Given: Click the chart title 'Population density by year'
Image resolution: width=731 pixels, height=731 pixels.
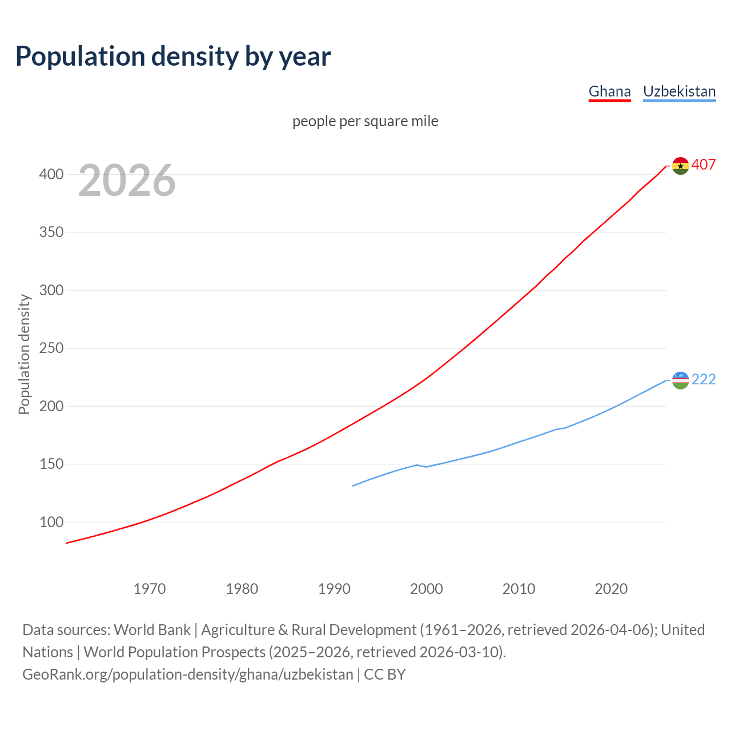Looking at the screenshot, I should coord(173,56).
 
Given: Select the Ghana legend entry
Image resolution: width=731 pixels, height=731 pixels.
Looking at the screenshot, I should coord(609,91).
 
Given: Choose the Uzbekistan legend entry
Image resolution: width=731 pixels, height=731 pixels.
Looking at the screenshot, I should coord(679,91).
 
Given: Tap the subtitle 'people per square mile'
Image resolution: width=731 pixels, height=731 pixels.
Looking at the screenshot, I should coord(365,121).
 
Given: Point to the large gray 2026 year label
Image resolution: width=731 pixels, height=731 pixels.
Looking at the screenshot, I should coord(127,180).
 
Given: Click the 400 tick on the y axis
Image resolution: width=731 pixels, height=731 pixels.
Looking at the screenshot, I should coord(51,174).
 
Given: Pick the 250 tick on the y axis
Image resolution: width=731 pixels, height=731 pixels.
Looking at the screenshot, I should coord(51,348).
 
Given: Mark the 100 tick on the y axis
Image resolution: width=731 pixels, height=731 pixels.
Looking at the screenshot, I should coord(51,522).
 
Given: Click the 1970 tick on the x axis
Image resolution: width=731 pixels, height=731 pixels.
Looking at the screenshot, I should coord(150,589).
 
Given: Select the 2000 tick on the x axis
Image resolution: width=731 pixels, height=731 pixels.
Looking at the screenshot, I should coord(427,589).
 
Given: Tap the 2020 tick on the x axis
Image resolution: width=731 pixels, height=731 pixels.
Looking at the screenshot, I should coord(611,589).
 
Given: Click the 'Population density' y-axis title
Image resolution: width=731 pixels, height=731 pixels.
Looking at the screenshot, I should coord(24,354).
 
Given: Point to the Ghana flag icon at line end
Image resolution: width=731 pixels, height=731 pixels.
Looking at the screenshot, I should coord(680,166).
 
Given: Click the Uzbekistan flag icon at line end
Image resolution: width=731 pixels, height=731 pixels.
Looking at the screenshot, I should coord(680,380).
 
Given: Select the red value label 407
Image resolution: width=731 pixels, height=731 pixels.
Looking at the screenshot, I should coord(704,164).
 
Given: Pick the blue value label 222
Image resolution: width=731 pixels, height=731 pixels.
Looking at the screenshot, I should coord(704,379).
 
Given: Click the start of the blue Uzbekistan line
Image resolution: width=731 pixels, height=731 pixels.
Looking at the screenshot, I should coord(353,486).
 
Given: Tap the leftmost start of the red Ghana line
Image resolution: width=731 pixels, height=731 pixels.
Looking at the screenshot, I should coord(67,543).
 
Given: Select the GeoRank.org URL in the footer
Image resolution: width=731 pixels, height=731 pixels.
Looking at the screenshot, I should coord(188,674).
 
